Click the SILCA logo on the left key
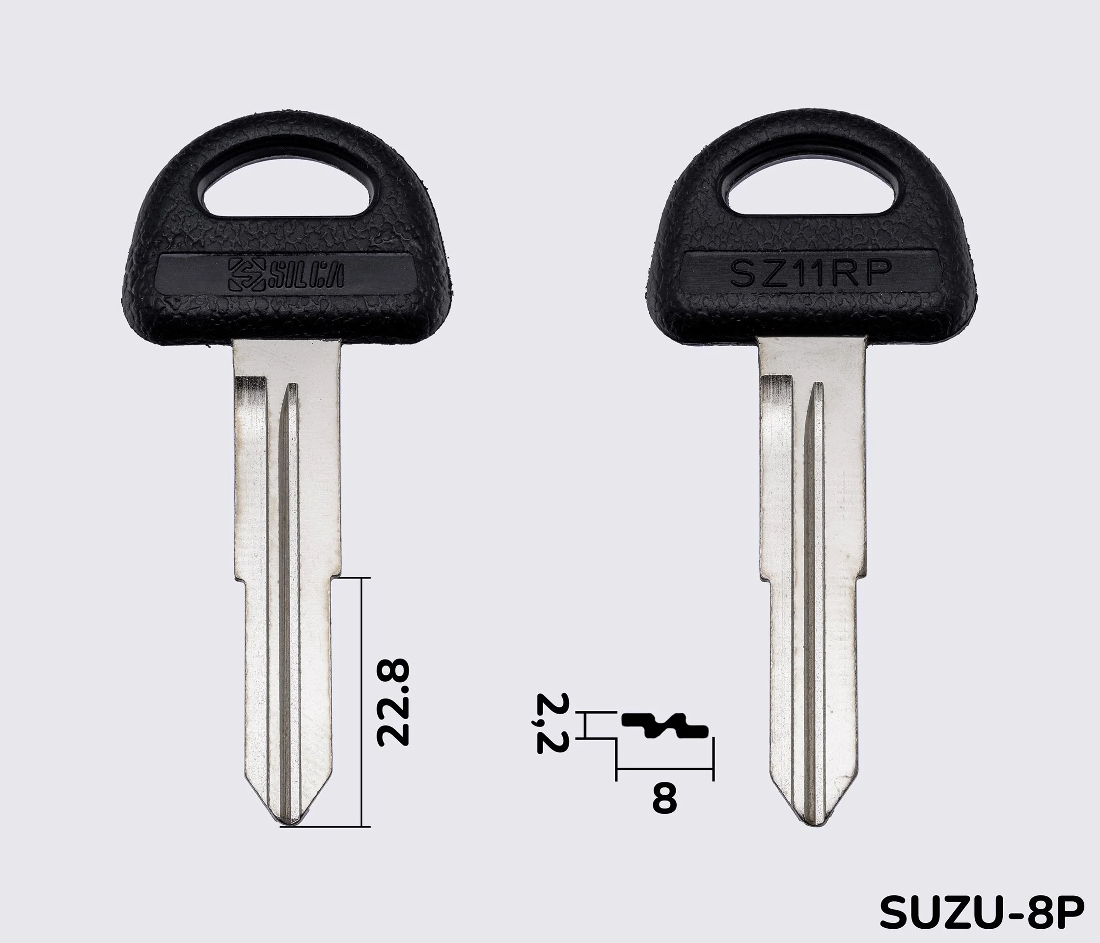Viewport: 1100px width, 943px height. [x=285, y=275]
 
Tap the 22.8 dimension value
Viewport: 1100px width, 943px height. [x=392, y=703]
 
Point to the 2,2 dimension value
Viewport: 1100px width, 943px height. [x=552, y=723]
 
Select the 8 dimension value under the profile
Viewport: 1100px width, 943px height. [x=665, y=813]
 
